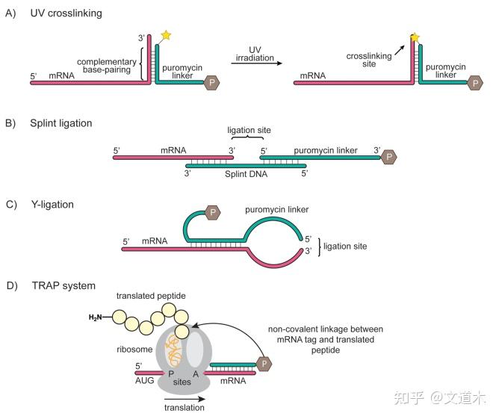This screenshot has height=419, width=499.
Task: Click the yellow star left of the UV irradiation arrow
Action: point(165,37)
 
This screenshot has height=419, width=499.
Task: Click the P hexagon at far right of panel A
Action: point(474,84)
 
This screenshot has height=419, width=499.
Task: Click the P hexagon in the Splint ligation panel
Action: point(389,156)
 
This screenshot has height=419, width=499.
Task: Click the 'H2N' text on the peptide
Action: point(96,317)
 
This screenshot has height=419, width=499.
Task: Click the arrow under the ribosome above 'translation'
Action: point(183,397)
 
